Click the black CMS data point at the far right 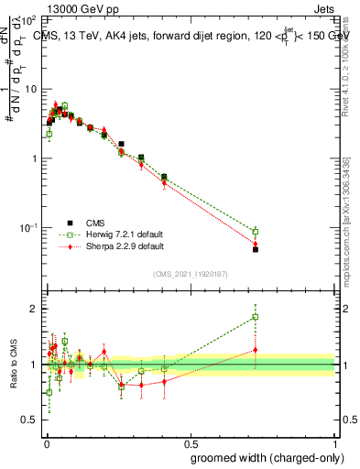coord(256,249)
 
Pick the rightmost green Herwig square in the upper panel coord(256,232)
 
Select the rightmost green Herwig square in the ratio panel coord(256,317)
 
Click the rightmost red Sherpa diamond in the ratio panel coord(256,350)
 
